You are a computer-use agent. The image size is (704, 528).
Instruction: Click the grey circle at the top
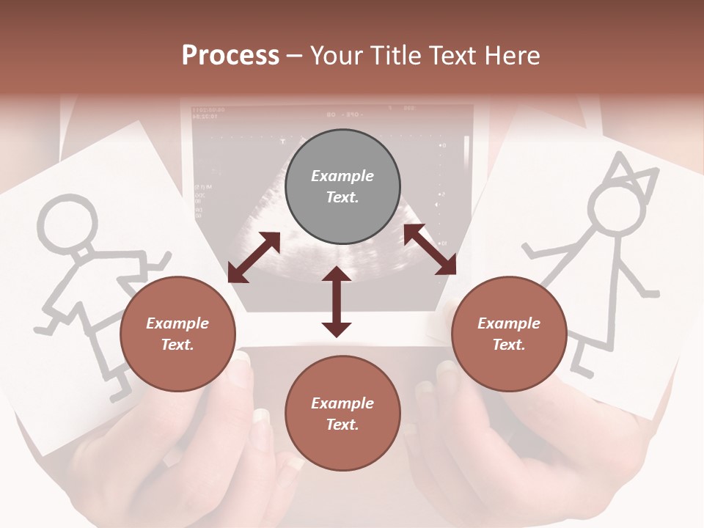click(x=342, y=186)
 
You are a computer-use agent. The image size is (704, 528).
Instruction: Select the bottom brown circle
click(x=342, y=413)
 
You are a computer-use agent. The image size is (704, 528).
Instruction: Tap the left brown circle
click(x=177, y=334)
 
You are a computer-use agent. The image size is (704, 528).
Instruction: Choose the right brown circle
click(x=509, y=334)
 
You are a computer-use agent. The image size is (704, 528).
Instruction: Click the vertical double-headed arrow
click(x=337, y=302)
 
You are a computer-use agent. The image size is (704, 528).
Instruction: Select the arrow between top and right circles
click(x=430, y=249)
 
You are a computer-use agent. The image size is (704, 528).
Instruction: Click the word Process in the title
click(x=230, y=56)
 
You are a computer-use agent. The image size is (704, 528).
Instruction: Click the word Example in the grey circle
click(x=342, y=176)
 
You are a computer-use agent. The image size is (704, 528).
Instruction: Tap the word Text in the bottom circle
click(x=342, y=425)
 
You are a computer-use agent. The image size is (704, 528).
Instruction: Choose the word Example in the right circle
click(x=509, y=323)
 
